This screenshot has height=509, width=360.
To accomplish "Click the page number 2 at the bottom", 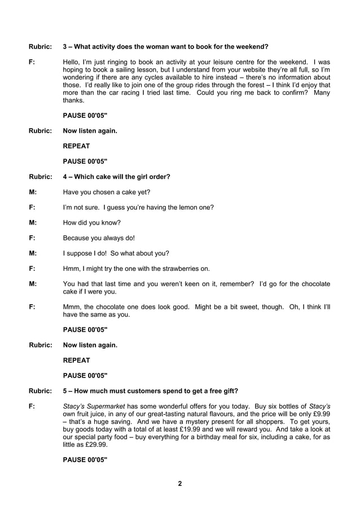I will pyautogui.click(x=179, y=484).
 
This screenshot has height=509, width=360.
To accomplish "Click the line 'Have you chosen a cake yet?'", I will pyautogui.click(x=107, y=192).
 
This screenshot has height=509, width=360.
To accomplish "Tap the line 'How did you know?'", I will pyautogui.click(x=91, y=222).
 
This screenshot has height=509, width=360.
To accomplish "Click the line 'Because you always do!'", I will pyautogui.click(x=99, y=238).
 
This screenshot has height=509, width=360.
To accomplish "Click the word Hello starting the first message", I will pyautogui.click(x=71, y=62).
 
